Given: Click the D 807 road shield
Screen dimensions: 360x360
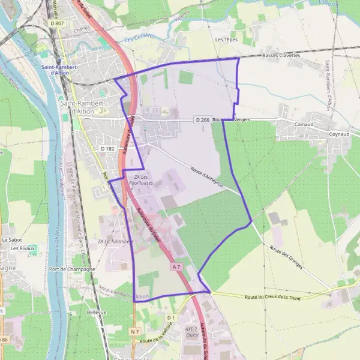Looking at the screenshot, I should pos(56,23).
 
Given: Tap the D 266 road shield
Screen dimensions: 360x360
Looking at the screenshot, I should pos(202,120).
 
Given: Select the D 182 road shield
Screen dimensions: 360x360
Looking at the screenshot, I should pos(107,148).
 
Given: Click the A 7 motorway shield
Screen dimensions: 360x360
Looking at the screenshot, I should pos(176,266).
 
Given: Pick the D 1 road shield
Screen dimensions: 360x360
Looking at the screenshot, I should pos(170,317).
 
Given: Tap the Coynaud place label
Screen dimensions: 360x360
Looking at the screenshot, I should pos(339,134).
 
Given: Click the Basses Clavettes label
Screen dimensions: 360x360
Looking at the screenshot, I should pos(281,55).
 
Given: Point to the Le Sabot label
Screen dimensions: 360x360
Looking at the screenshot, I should pos(12,239).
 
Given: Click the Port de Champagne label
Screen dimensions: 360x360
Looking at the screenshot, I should pos(73,269).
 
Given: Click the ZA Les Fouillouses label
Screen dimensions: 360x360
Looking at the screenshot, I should pos(144,179).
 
